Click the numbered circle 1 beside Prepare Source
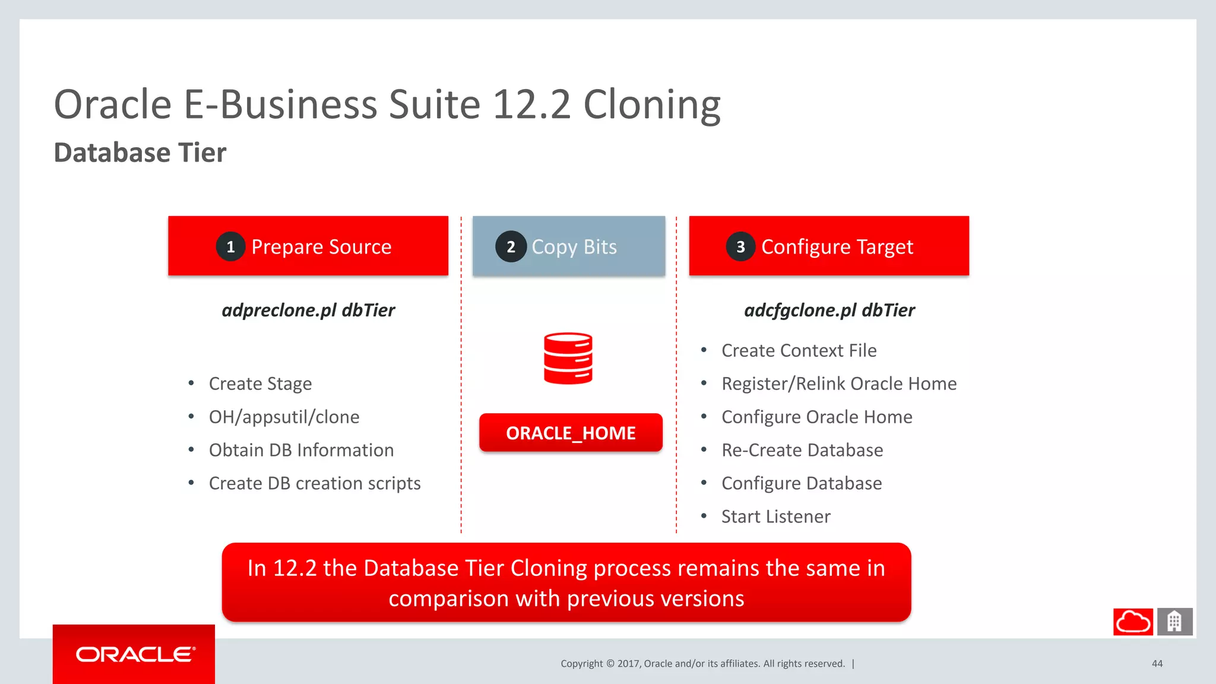[230, 247]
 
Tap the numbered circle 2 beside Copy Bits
[511, 247]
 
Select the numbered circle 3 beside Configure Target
[740, 247]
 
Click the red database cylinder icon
[568, 358]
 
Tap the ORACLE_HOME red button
[571, 433]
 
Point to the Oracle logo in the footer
[135, 654]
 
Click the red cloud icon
[1133, 622]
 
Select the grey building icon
[1174, 622]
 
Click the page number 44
[1157, 664]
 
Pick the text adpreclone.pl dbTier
[308, 310]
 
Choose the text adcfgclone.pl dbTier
[829, 310]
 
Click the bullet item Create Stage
[260, 384]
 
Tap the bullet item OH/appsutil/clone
[284, 417]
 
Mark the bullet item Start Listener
[775, 517]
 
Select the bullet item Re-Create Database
[802, 450]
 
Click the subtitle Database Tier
[140, 153]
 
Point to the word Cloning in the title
[651, 106]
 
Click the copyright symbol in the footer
[610, 664]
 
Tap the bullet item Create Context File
[799, 351]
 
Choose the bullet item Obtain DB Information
[301, 450]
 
